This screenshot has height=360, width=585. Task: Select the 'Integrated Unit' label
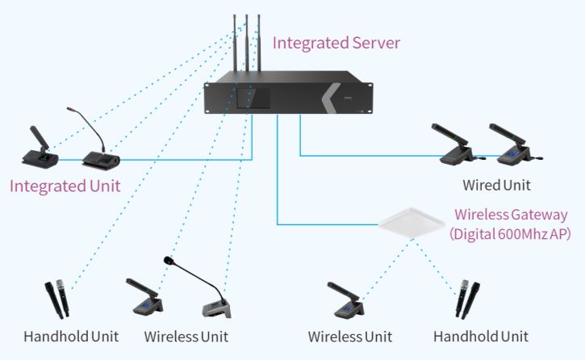(65, 186)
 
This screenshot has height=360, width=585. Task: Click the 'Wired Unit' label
(496, 185)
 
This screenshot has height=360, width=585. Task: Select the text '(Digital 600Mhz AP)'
(510, 234)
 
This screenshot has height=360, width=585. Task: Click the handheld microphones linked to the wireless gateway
(467, 298)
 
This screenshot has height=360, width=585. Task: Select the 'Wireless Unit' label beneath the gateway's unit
(350, 336)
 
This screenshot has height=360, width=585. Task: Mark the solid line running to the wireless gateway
(323, 223)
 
